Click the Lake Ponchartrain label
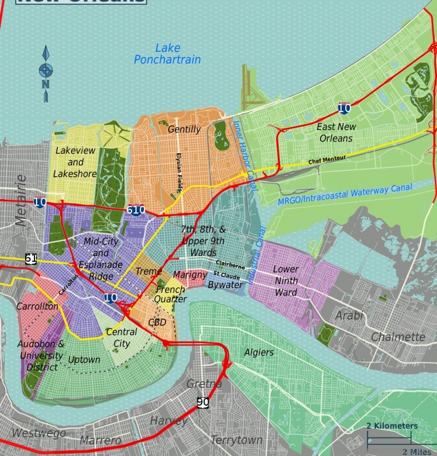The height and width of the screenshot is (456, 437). (x=167, y=54)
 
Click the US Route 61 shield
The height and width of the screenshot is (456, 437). (x=31, y=258)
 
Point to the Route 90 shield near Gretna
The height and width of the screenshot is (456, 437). (x=203, y=402)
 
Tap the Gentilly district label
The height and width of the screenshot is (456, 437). (x=184, y=129)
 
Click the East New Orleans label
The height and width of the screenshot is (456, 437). (x=336, y=132)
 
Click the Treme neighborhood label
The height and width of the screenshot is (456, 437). (x=149, y=272)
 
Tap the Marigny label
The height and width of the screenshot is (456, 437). (x=190, y=274)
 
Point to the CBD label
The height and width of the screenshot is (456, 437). (x=157, y=322)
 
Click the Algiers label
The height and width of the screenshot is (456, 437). (x=259, y=352)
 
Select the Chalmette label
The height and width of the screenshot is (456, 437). (x=398, y=337)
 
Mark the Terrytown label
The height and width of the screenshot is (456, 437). (x=237, y=440)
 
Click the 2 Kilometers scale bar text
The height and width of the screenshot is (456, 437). (x=392, y=426)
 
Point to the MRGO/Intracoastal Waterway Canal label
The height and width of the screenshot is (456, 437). (x=345, y=194)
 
